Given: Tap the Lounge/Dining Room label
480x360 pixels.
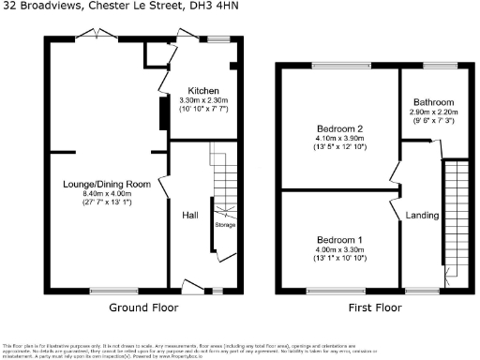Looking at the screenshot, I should click(100, 185).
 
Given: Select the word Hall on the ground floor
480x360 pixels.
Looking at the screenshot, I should click(190, 216).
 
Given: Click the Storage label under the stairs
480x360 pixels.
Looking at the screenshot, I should click(225, 226).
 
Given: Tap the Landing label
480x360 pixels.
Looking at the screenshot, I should click(422, 216).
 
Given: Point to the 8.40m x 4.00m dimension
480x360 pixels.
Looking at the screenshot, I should click(100, 194).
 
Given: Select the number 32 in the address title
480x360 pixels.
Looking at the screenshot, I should click(7, 7).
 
